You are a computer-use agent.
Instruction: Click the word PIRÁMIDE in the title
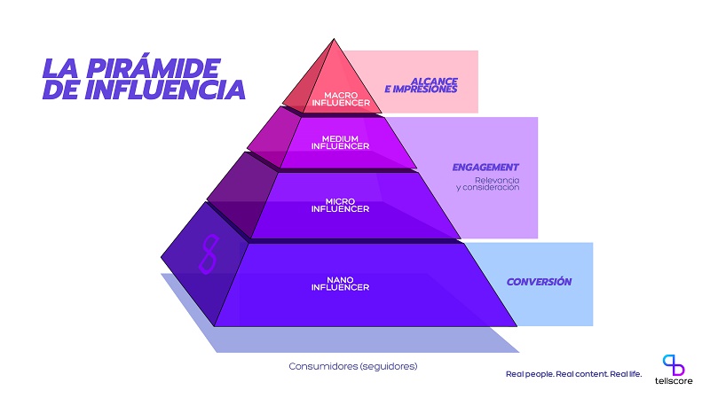[x=153, y=68]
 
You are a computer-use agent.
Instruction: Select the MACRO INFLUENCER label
[x=341, y=99]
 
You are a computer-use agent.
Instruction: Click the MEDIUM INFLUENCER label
[x=340, y=143]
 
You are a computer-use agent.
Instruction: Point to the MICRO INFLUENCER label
[x=340, y=205]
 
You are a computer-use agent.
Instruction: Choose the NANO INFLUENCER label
[x=340, y=284]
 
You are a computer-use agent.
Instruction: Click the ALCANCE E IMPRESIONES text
[x=421, y=85]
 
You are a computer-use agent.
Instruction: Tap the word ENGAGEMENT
[x=485, y=168]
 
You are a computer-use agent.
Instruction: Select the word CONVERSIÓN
[x=539, y=282]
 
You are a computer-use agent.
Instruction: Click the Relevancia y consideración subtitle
[x=488, y=183]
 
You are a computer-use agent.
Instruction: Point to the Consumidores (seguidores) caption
[x=353, y=366]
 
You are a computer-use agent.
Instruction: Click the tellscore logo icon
[x=674, y=365]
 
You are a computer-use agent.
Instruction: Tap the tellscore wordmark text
[x=674, y=381]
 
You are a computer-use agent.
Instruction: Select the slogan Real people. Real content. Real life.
[x=573, y=374]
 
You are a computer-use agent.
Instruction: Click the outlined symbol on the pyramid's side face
[x=209, y=254]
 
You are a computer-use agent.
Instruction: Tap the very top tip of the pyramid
[x=335, y=39]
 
